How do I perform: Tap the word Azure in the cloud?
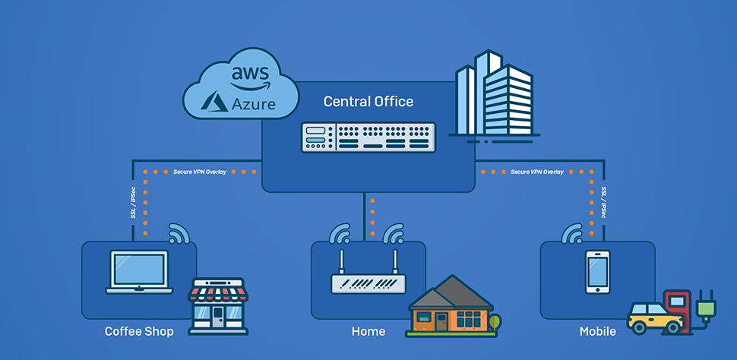254,104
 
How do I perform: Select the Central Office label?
368,101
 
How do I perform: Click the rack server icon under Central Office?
368,137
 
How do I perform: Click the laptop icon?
139,272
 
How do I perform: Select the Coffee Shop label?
139,331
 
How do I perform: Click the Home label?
368,331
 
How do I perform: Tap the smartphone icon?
597,272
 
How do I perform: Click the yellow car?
655,318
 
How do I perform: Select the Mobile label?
597,331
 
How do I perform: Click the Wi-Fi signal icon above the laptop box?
179,233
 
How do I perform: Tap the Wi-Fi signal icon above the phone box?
572,233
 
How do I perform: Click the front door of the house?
441,322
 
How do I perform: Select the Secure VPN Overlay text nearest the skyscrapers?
537,172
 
